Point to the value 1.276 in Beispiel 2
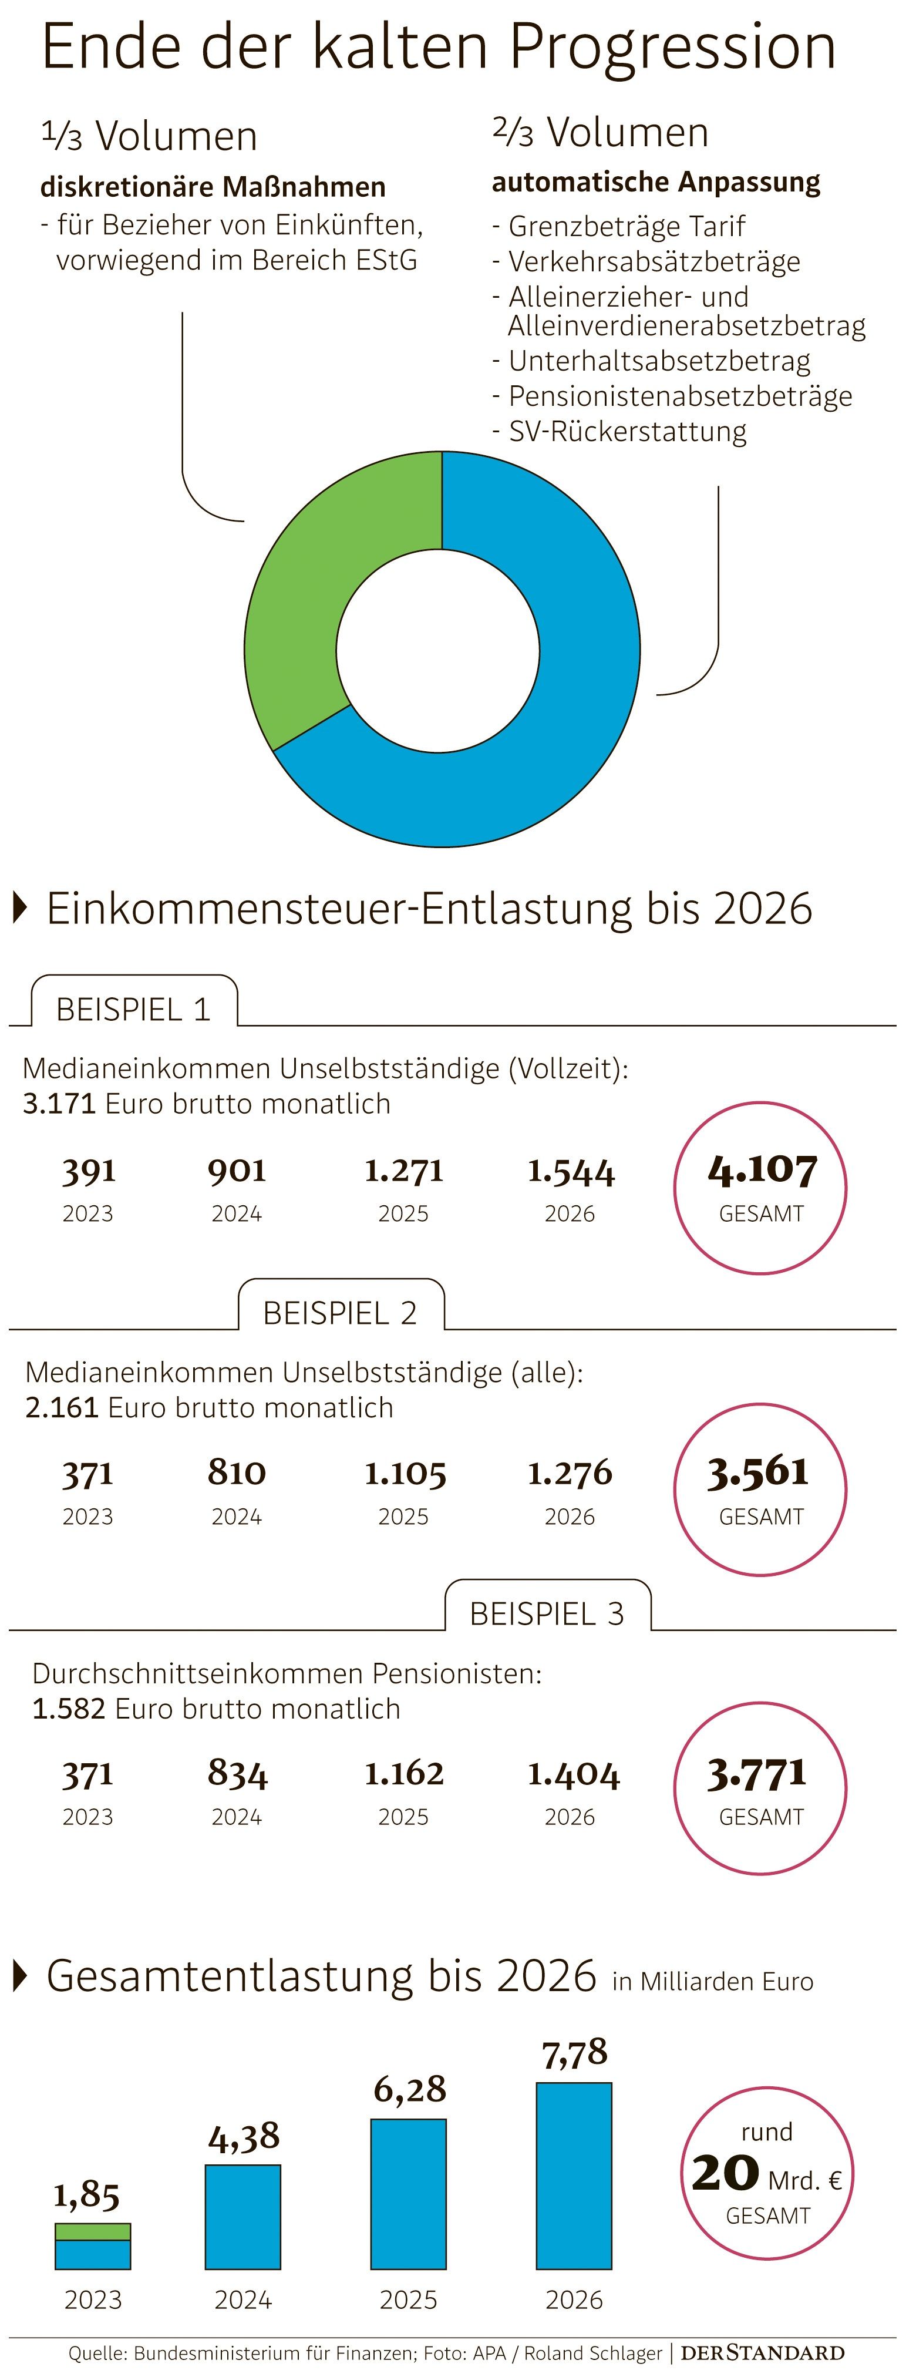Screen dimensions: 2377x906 [569, 1474]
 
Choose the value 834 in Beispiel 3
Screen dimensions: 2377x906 [237, 1774]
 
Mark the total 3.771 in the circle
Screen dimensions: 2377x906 [756, 1773]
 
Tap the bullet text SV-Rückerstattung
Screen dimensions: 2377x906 [627, 431]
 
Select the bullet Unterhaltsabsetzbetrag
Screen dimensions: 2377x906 [659, 361]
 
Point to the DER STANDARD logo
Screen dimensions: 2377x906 [762, 2352]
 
